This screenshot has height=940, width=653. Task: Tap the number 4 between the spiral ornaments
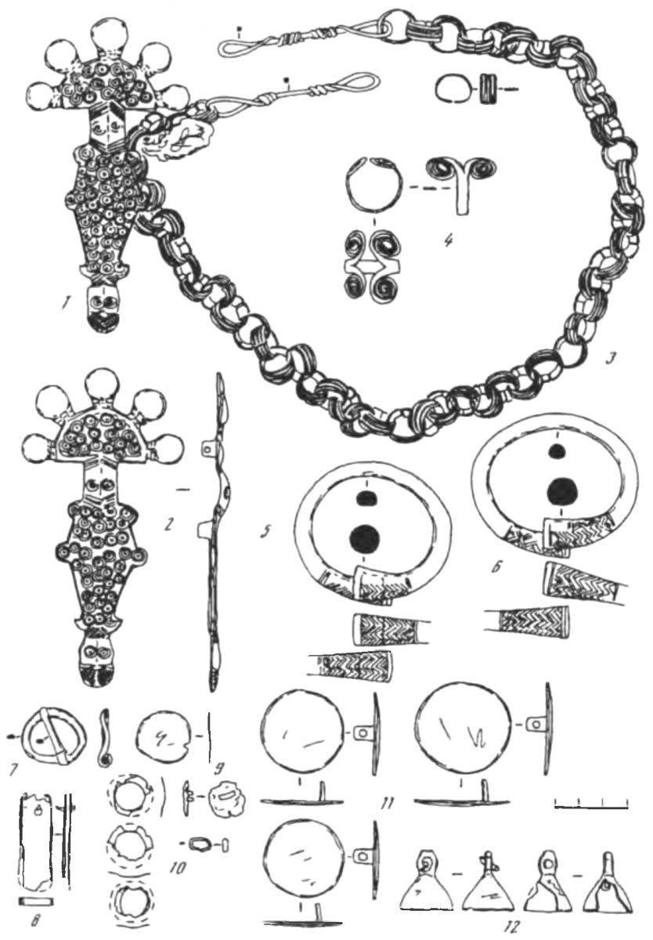[x=449, y=241]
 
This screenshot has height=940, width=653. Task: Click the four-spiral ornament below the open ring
[x=373, y=266]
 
